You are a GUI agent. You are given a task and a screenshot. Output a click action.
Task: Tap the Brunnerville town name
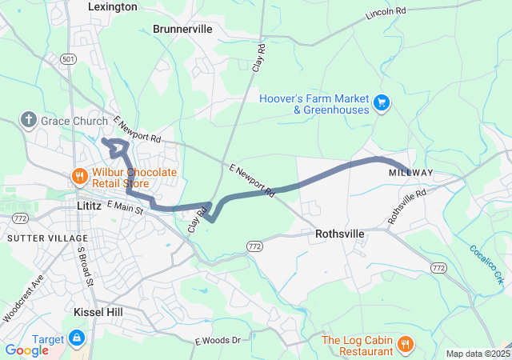point(182,29)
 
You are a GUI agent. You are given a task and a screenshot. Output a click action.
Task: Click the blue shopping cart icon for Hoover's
point(382,102)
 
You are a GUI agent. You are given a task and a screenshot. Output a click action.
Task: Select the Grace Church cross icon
point(29,120)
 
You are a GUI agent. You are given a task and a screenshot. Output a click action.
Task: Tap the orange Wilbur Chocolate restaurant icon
point(80,176)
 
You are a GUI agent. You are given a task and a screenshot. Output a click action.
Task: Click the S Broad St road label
point(85,266)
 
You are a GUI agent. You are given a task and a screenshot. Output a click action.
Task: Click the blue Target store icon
point(78,338)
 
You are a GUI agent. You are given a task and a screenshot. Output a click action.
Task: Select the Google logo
point(26,350)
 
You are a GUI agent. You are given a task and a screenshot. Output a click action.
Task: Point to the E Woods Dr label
point(218,341)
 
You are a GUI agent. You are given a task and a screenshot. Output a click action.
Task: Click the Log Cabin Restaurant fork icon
point(406,345)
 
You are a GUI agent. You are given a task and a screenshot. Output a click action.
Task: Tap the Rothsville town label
point(340,234)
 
